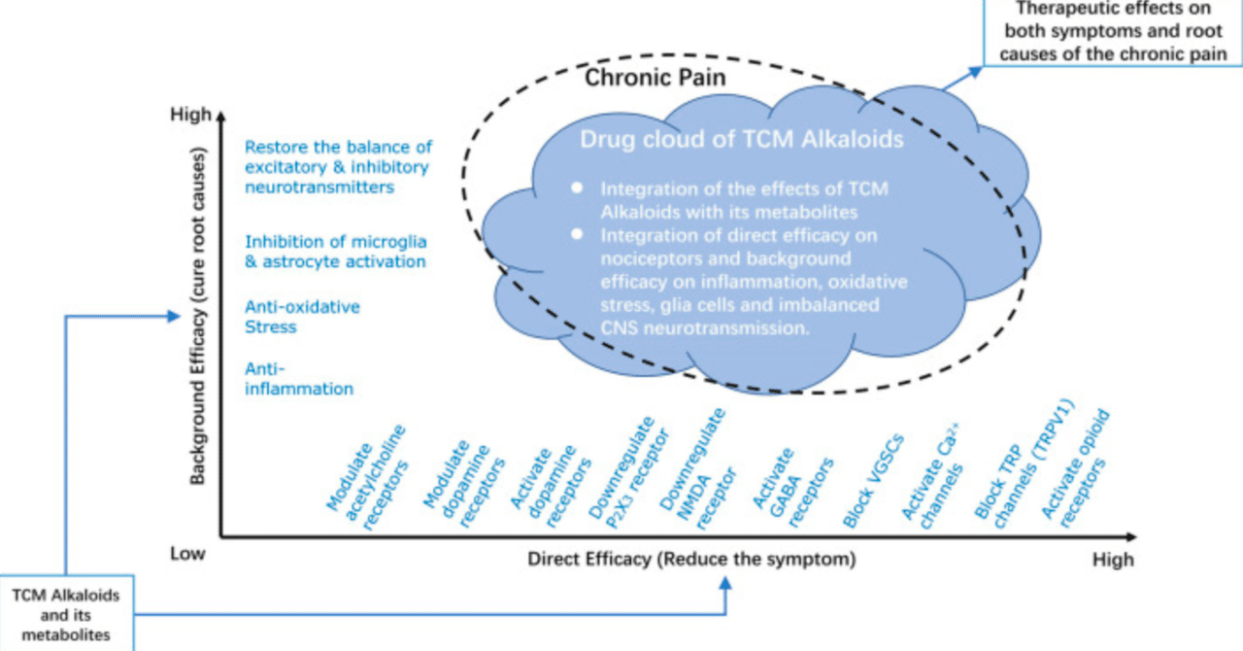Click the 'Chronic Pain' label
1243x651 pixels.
[x=654, y=78]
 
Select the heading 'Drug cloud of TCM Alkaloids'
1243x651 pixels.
[x=742, y=139]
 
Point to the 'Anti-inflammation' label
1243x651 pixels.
[x=298, y=378]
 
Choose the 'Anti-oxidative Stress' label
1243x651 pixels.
[x=301, y=317]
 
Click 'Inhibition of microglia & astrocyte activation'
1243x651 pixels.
[x=335, y=252]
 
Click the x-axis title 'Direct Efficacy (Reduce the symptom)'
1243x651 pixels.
[x=691, y=560]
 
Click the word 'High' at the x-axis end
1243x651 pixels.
[x=1112, y=560]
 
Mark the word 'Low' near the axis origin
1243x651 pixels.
[x=188, y=554]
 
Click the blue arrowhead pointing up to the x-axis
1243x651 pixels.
[x=725, y=583]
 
